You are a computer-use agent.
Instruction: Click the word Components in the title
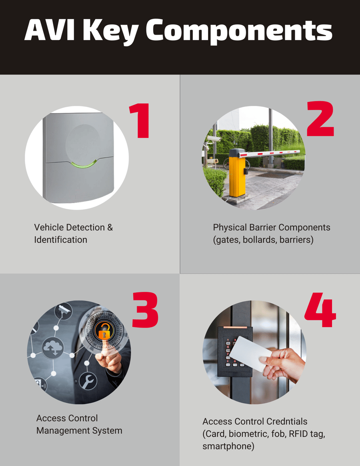[239, 31]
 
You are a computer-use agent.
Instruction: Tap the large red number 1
[140, 121]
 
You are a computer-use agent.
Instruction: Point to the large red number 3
[145, 310]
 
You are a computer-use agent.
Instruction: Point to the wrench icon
[88, 380]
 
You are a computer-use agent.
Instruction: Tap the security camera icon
[63, 311]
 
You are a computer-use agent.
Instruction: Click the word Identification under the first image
[60, 240]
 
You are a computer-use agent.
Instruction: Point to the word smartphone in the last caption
[228, 446]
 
